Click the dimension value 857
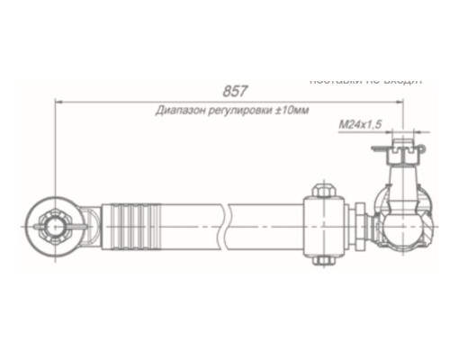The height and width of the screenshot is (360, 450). click(233, 92)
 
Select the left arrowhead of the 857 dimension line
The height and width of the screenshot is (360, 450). click(60, 102)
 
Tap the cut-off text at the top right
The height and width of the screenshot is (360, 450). click(364, 79)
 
